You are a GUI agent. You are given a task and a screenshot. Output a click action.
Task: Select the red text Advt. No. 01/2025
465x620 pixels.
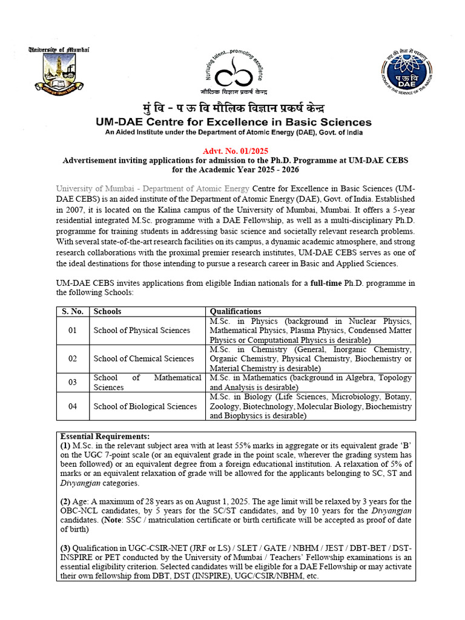pyautogui.click(x=232, y=150)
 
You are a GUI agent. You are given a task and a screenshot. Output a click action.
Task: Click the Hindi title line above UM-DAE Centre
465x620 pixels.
pyautogui.click(x=233, y=109)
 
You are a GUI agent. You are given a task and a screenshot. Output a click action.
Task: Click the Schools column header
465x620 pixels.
pyautogui.click(x=107, y=311)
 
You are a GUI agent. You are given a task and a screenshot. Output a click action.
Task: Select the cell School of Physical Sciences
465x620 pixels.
pyautogui.click(x=142, y=330)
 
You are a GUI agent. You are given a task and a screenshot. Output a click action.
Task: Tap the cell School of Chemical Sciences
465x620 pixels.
pyautogui.click(x=143, y=358)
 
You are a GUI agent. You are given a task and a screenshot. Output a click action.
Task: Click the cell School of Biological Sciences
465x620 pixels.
pyautogui.click(x=145, y=406)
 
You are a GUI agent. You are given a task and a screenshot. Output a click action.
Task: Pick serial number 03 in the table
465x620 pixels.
pyautogui.click(x=73, y=383)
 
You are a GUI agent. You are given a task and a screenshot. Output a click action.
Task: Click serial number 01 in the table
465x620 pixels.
pyautogui.click(x=73, y=330)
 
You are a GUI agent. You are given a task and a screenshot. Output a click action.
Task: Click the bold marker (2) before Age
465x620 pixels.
pyautogui.click(x=65, y=501)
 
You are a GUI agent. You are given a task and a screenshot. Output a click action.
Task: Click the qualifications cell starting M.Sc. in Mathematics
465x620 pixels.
pyautogui.click(x=310, y=383)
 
